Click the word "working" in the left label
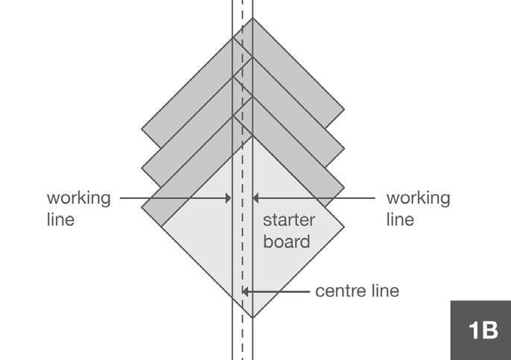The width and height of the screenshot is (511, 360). tap(79, 199)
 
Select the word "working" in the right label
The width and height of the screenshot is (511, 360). tap(418, 199)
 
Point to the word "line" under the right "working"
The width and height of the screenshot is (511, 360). tap(400, 221)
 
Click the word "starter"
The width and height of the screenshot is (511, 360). tap(290, 221)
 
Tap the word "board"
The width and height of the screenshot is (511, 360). tap(287, 242)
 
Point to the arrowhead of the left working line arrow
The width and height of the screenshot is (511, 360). tap(229, 198)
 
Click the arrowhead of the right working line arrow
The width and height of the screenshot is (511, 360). tap(256, 198)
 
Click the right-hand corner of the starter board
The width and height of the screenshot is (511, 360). tap(343, 227)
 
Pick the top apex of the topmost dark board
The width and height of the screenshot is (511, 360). tap(253, 18)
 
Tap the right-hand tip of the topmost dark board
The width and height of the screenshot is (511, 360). tap(343, 110)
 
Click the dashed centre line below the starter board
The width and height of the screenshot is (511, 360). tap(243, 339)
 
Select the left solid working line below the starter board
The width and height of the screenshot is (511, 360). tap(232, 339)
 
